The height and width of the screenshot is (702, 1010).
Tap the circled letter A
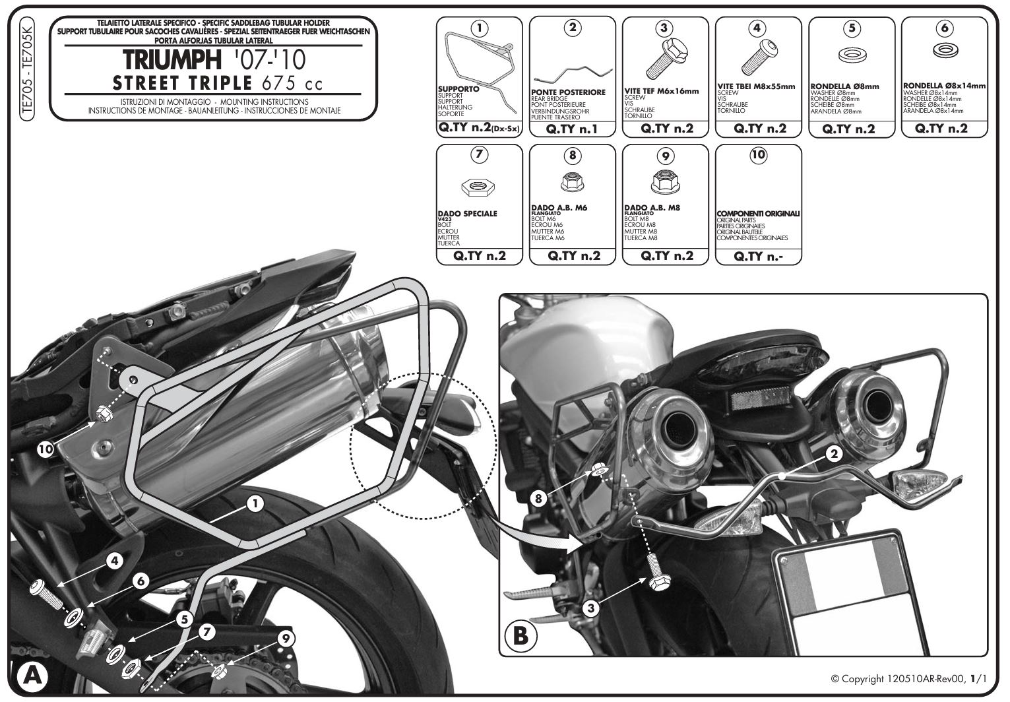coord(28,677)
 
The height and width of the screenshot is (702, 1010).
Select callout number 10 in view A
coord(45,449)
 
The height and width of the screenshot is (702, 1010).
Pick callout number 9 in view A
coord(286,638)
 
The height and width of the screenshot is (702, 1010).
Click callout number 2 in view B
coord(834,454)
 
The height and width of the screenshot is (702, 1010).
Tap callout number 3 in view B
coord(591,606)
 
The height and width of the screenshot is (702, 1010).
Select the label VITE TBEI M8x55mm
coord(756,86)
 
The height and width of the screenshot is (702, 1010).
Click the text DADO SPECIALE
coord(468,214)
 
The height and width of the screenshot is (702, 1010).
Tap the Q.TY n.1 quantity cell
coord(572,129)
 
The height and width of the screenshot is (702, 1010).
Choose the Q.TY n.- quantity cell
coord(758,256)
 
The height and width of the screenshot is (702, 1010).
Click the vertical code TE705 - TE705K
coord(26,71)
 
